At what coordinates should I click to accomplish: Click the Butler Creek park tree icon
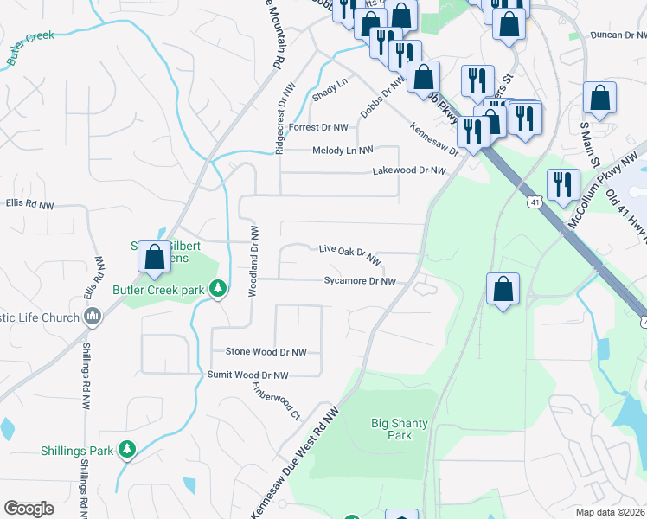click(x=219, y=289)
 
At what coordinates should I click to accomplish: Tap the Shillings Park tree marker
click(x=127, y=450)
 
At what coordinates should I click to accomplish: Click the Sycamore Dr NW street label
click(x=359, y=281)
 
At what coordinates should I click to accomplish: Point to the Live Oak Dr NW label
click(x=349, y=253)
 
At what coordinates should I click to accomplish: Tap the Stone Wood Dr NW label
click(x=266, y=352)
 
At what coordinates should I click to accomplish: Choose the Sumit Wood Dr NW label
click(x=247, y=375)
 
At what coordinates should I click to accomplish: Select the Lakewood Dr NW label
click(x=408, y=171)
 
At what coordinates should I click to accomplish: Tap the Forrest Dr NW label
click(x=318, y=127)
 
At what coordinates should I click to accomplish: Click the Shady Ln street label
click(x=330, y=87)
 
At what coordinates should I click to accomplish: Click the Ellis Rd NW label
click(x=29, y=205)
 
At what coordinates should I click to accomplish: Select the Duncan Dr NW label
click(x=618, y=35)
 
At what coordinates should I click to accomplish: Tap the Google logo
click(x=29, y=509)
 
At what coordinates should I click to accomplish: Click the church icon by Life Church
click(x=93, y=317)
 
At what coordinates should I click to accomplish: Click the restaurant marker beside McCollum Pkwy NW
click(x=563, y=185)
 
